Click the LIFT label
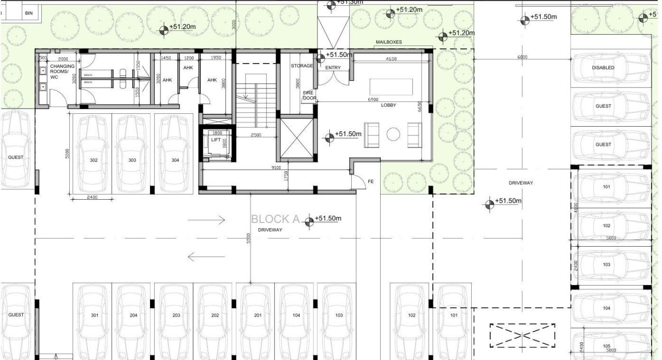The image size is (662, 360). [x=215, y=140]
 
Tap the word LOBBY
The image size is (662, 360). [x=388, y=105]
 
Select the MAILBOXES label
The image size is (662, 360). [x=388, y=42]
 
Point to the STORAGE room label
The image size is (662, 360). [x=302, y=66]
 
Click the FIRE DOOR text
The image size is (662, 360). [x=309, y=95]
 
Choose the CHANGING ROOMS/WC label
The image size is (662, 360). [x=62, y=72]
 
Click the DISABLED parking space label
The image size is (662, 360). [x=603, y=68]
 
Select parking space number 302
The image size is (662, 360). [x=94, y=160]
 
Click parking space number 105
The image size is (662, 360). [x=606, y=347]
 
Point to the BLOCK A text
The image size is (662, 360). [x=275, y=219]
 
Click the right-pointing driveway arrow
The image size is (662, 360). [x=206, y=220]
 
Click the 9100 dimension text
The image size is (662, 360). [x=276, y=167]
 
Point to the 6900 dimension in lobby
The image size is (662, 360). [x=372, y=99]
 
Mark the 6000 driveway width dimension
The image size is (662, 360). [x=522, y=57]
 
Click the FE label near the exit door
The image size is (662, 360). [x=371, y=182]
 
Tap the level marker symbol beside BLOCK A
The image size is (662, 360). [x=309, y=222]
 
